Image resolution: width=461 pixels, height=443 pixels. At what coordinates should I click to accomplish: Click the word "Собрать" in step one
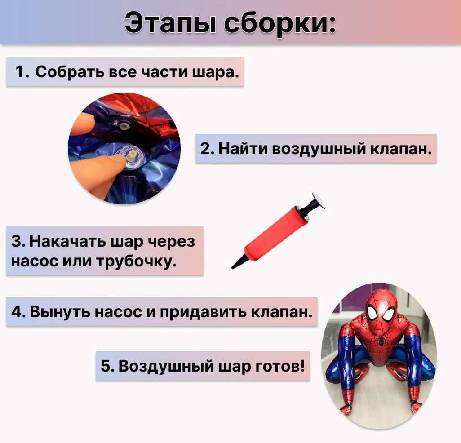point(69,72)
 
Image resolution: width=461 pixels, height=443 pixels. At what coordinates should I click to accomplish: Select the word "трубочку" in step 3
point(137,261)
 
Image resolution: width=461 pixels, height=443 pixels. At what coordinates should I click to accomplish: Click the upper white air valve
point(123,126)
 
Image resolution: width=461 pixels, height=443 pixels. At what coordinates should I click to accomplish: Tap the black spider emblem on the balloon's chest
point(381,341)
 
